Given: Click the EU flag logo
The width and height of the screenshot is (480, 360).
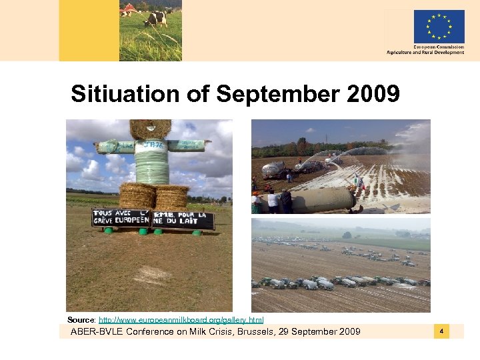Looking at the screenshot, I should tap(439, 27).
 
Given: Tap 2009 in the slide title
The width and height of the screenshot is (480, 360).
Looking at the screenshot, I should tap(373, 94).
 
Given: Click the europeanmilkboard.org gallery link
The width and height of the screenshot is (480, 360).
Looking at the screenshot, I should tap(181, 321).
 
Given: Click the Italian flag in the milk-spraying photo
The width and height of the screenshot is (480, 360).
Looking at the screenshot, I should tap(357, 179).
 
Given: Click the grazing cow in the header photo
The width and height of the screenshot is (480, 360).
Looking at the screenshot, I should tap(156, 17).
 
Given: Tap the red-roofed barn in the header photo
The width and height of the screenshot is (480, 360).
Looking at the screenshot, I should tap(127, 9).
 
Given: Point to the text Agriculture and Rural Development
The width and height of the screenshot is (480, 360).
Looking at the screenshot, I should tap(425, 53).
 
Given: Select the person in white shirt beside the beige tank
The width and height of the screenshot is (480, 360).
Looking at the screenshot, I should tap(273, 201).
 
